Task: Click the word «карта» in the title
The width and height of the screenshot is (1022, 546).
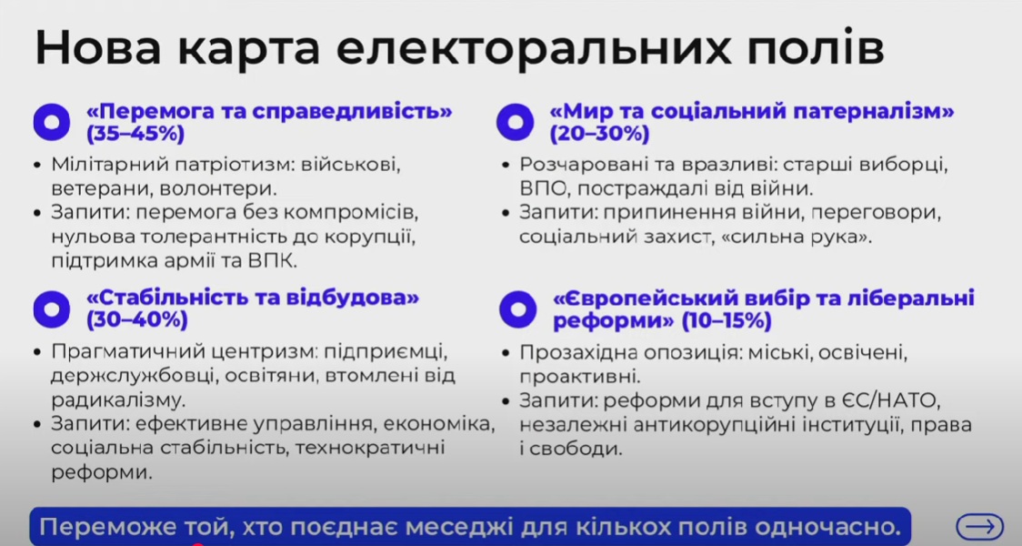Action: pos(247,48)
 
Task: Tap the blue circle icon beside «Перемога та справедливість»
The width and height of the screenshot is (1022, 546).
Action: pos(52,122)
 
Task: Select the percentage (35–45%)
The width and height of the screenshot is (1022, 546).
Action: pos(135,134)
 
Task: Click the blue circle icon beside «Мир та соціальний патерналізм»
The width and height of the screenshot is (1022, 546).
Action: pos(515,122)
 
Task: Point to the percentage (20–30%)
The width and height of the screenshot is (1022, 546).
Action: pos(599,134)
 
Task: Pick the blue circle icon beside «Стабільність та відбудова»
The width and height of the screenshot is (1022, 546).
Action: pos(52,309)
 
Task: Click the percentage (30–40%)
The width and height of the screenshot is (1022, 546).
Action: pos(137,320)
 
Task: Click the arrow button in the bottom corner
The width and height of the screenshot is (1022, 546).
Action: pos(979,526)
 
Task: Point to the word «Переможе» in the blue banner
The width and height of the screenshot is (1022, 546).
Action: pos(106,527)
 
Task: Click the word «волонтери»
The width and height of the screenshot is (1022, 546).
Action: pos(218,188)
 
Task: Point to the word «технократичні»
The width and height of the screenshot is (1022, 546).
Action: pos(369,449)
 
